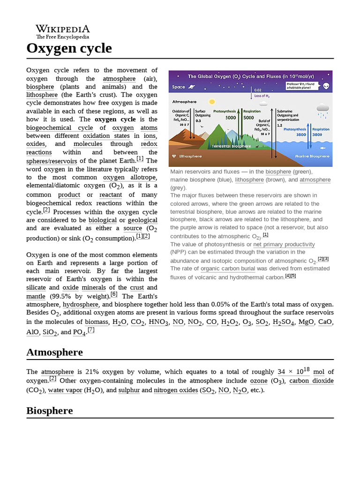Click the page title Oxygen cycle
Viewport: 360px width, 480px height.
69,48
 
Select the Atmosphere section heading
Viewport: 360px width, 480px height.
54,352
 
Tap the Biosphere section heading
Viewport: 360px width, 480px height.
49,411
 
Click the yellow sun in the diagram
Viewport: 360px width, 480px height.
212,101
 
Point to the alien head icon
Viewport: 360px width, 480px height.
326,86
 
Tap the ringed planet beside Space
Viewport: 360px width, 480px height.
193,87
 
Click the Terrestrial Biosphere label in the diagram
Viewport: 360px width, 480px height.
231,146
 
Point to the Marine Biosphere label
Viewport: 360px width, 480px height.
312,156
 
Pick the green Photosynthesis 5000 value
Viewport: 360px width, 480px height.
231,118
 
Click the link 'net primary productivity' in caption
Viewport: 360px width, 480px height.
284,245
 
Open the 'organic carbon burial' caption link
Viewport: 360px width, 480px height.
228,269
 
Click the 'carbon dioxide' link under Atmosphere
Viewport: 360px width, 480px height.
311,381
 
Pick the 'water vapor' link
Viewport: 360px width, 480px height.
65,390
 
